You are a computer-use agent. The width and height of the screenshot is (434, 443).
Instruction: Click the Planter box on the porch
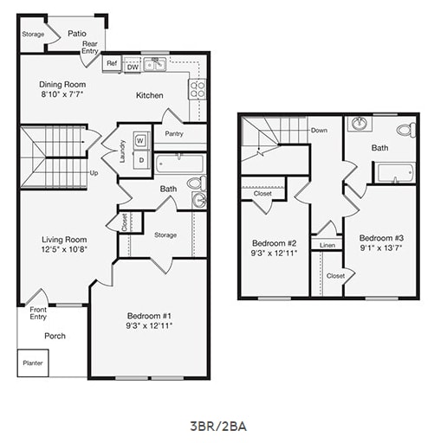coord(33,363)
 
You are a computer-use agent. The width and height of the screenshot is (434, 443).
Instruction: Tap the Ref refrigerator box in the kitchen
coord(112,63)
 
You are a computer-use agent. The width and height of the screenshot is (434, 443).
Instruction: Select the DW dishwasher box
coord(133,64)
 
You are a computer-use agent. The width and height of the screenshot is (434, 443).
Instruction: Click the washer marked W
coord(140,140)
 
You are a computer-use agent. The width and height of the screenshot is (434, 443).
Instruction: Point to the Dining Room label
coord(62,84)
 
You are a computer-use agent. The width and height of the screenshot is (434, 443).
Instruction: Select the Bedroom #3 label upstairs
coord(382,238)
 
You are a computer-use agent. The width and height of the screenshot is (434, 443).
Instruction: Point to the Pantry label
coord(174,134)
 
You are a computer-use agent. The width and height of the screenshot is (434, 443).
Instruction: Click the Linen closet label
coord(327,246)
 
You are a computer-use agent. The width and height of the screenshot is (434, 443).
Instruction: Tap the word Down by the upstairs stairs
coord(320,131)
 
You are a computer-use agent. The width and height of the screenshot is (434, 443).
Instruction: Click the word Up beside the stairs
coord(94,172)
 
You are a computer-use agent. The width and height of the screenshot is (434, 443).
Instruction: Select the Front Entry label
coord(38,312)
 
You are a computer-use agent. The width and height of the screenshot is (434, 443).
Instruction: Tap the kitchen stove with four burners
coord(198,89)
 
